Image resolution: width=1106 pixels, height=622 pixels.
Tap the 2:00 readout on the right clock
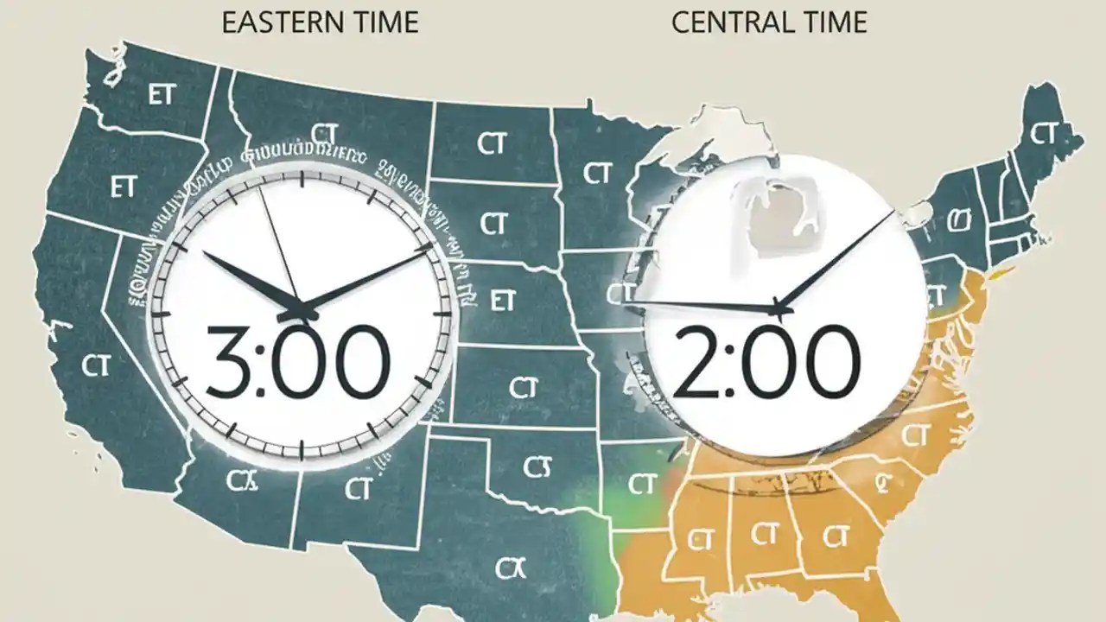click(766, 361)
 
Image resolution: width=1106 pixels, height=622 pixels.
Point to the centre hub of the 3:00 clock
click(302, 308)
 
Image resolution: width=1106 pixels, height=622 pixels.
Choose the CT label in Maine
click(1044, 134)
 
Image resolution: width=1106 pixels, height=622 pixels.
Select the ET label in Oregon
click(124, 187)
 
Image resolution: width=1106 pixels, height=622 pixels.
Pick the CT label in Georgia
click(832, 537)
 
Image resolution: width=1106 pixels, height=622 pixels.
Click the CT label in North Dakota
click(492, 143)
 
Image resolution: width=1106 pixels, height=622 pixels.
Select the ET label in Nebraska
click(502, 301)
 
